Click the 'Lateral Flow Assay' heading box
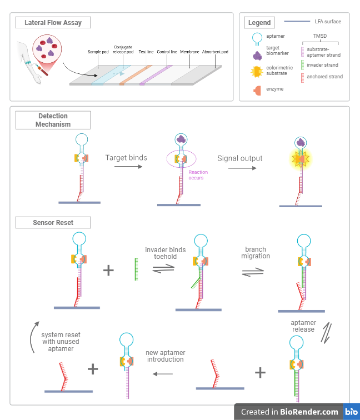point(53,23)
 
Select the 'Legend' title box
point(259,23)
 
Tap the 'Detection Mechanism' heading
point(53,120)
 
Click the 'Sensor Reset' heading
point(53,223)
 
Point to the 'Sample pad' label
point(100,52)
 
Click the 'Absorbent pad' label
point(215,52)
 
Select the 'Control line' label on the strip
point(167,52)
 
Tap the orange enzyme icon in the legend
point(258,89)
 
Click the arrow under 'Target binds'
point(126,167)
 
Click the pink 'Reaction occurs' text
point(196,174)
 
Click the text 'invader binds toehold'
point(161,253)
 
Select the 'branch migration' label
point(255,253)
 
